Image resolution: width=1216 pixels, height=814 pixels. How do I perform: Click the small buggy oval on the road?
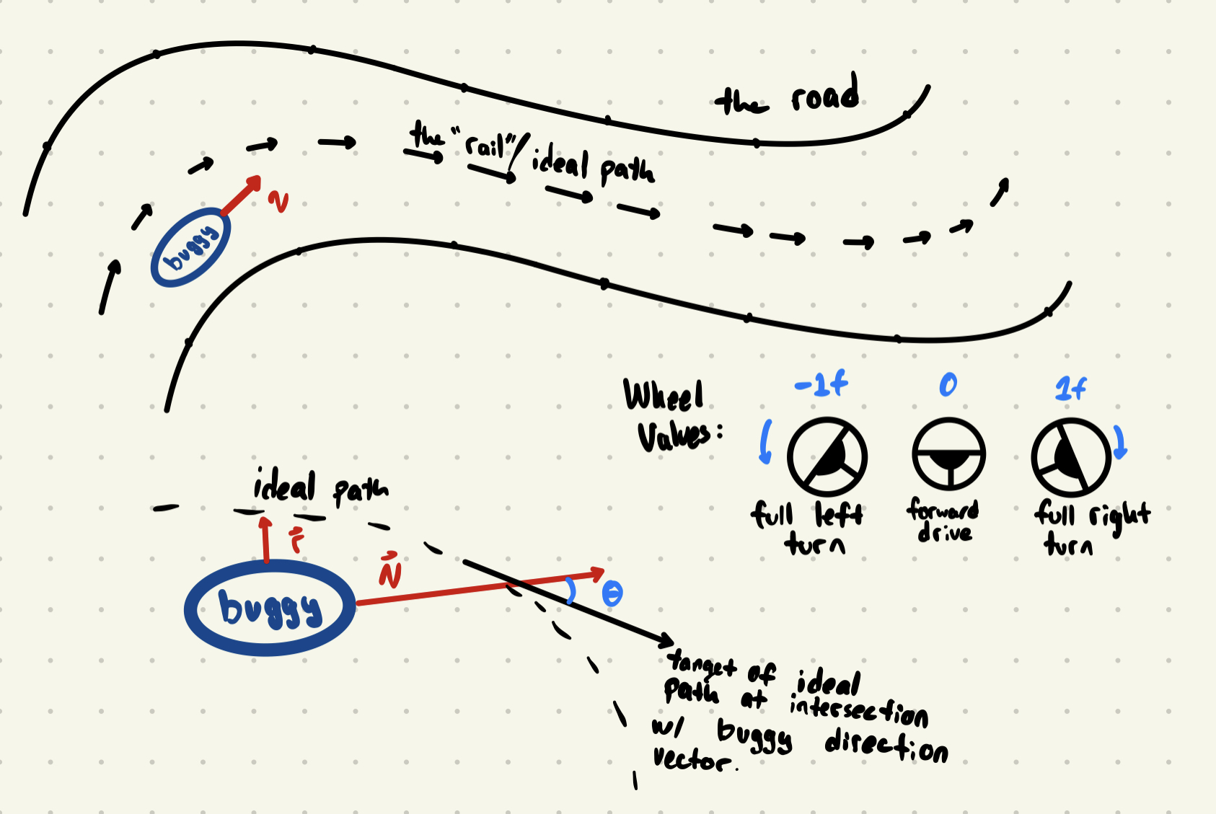(x=190, y=247)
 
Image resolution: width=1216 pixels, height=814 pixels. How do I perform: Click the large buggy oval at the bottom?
(x=270, y=608)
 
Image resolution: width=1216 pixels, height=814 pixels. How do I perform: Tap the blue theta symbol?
(x=612, y=594)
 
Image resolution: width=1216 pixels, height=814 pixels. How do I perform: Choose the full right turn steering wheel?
(x=1070, y=457)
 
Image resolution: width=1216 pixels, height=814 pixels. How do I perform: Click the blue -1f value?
(x=821, y=385)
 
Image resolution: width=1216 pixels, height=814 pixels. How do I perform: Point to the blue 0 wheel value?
(x=948, y=385)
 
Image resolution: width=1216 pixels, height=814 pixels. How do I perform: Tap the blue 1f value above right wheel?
(x=1070, y=389)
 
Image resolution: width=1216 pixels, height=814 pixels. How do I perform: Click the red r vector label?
(x=296, y=541)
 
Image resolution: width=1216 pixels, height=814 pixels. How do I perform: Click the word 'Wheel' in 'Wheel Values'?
(x=663, y=396)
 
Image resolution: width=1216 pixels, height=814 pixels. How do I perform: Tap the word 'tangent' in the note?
(x=701, y=664)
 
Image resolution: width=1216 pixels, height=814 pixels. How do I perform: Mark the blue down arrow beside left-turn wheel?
(x=766, y=441)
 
